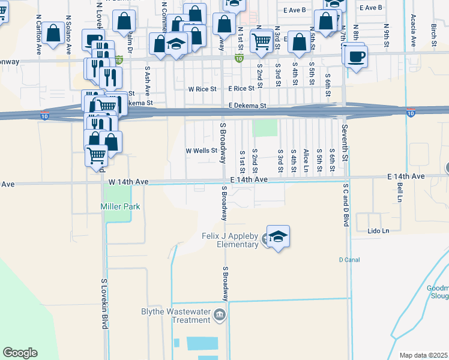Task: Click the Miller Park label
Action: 120,206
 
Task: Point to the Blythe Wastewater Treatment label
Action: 176,316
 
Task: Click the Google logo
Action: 20,353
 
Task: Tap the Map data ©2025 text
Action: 423,355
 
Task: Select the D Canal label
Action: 348,260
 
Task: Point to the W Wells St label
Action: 200,151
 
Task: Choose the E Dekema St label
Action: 247,106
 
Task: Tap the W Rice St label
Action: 202,89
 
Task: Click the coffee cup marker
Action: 355,56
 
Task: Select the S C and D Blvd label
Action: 346,205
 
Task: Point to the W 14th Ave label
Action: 128,181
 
